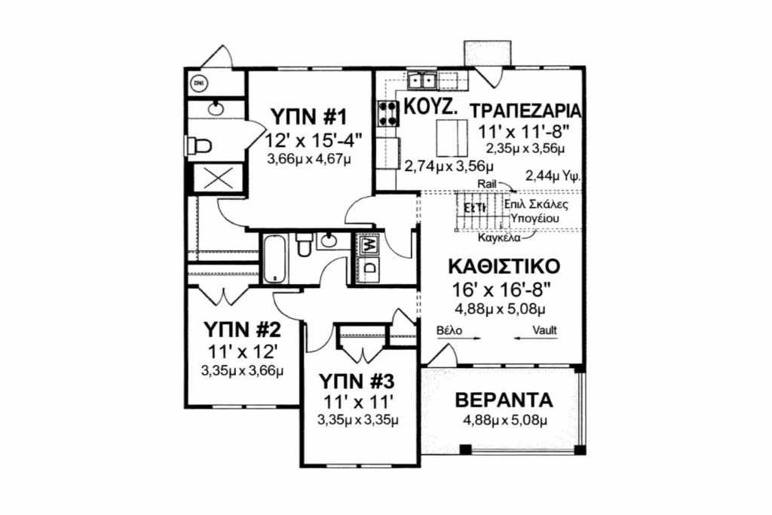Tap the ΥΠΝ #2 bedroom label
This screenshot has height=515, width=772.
(243, 330)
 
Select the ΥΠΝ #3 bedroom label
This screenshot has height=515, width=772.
(357, 379)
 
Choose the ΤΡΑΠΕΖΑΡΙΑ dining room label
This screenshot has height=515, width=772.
(526, 110)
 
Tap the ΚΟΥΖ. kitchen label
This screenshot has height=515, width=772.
(430, 106)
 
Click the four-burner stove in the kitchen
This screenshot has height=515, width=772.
(388, 112)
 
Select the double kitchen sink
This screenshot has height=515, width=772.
(424, 79)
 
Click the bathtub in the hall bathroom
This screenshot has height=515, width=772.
(274, 257)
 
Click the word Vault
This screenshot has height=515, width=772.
(545, 330)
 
